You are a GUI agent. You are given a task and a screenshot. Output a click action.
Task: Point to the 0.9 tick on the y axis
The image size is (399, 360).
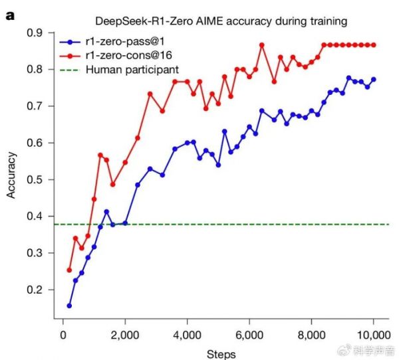[38, 33]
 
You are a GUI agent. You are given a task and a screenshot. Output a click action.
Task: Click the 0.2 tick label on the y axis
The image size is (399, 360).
[38, 290]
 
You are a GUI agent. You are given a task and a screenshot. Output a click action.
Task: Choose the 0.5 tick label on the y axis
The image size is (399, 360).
[38, 179]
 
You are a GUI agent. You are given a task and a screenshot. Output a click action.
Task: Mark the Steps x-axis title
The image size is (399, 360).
[219, 353]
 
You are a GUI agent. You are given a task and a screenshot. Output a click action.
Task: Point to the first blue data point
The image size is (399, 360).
[69, 306]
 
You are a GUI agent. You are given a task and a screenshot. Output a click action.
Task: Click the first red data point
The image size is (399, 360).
[69, 270]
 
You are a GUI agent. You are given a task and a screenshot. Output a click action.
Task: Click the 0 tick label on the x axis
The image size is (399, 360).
[63, 334]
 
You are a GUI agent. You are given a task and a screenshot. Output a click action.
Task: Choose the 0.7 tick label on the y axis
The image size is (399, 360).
[38, 106]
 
